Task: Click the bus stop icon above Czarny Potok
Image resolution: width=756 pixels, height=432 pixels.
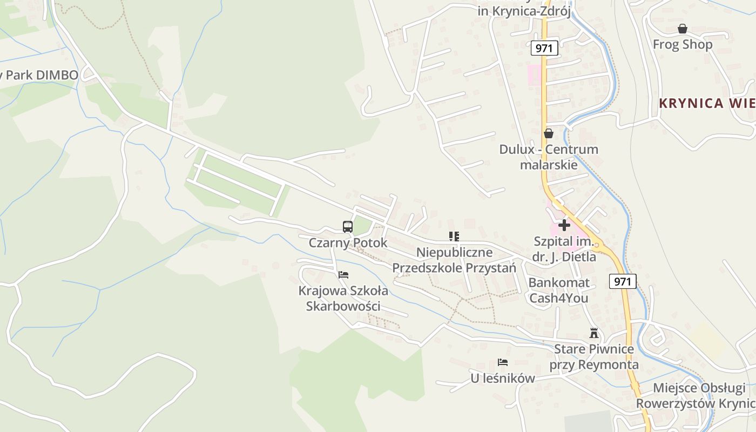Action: pyautogui.click(x=348, y=227)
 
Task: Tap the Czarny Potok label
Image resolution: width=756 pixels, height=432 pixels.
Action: pyautogui.click(x=348, y=243)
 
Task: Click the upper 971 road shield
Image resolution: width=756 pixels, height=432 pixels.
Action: pyautogui.click(x=544, y=48)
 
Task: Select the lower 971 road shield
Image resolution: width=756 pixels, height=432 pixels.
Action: pyautogui.click(x=622, y=281)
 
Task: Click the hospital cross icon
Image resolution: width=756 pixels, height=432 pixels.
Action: pyautogui.click(x=564, y=225)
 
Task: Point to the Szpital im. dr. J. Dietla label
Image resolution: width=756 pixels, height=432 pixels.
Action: pyautogui.click(x=564, y=249)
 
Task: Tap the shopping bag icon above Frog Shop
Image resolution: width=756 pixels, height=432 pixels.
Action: pyautogui.click(x=683, y=29)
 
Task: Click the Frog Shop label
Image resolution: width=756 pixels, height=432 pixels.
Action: pyautogui.click(x=683, y=44)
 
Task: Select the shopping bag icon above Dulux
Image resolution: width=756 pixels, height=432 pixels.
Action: pyautogui.click(x=549, y=133)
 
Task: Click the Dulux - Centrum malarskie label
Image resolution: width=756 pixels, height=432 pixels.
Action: pyautogui.click(x=549, y=157)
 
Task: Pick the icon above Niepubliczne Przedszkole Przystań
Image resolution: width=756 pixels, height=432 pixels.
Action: pyautogui.click(x=454, y=236)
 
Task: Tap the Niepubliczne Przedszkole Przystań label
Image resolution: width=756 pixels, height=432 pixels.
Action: pyautogui.click(x=454, y=260)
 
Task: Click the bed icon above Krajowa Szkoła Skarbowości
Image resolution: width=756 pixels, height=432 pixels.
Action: pyautogui.click(x=343, y=275)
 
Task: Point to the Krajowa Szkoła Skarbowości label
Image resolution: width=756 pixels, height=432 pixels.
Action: pyautogui.click(x=343, y=298)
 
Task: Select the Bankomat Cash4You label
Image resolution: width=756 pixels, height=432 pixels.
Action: pyautogui.click(x=558, y=290)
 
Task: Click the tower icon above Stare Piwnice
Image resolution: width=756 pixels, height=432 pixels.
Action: pyautogui.click(x=594, y=333)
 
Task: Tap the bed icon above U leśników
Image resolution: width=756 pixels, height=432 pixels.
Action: pyautogui.click(x=503, y=362)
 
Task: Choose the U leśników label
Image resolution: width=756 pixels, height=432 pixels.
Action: pyautogui.click(x=503, y=379)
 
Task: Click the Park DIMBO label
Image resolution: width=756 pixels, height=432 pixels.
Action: pyautogui.click(x=40, y=75)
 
